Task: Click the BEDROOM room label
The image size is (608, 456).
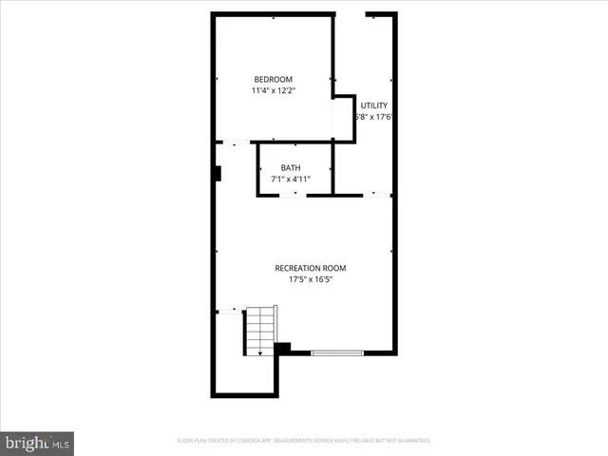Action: [272, 79]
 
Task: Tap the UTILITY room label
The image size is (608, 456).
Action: [373, 105]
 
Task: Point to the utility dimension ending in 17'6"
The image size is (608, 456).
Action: [373, 118]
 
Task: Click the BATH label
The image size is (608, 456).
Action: [290, 167]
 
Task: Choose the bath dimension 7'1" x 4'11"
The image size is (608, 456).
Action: [290, 179]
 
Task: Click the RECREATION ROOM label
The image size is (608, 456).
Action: [310, 269]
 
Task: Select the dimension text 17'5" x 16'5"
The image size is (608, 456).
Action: [310, 280]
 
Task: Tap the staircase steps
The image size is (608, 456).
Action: [260, 329]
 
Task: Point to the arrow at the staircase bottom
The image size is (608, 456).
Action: [260, 351]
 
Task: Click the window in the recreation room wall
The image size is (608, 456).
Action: [337, 352]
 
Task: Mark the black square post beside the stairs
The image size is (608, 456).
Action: [281, 349]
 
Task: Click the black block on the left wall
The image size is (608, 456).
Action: [218, 174]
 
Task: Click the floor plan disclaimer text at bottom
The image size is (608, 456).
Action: [304, 441]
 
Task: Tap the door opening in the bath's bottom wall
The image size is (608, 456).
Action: [294, 195]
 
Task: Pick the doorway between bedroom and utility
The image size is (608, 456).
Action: [332, 119]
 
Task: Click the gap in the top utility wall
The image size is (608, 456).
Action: [351, 14]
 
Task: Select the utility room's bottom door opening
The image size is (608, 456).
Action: [377, 195]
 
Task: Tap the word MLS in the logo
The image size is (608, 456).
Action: [61, 443]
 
